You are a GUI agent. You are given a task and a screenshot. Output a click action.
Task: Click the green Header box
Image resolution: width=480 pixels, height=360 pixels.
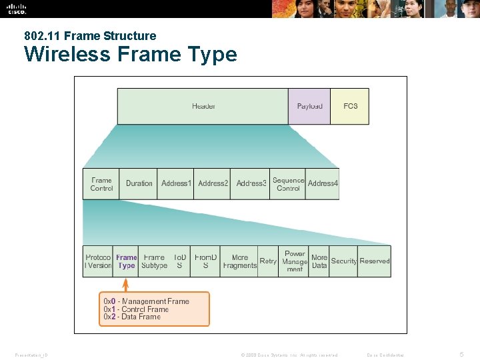[x=203, y=107]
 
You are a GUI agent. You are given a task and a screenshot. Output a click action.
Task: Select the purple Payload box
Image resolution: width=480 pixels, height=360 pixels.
[x=309, y=107]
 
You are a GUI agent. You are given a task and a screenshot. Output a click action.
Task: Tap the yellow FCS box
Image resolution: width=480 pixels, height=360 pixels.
[x=350, y=107]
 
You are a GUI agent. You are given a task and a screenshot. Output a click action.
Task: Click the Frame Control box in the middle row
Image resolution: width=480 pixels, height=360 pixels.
[x=101, y=184]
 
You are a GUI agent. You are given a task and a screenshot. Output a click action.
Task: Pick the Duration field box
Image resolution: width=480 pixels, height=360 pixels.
[x=139, y=184]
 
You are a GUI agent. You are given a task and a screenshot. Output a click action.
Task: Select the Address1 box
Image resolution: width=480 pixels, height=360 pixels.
[x=176, y=184]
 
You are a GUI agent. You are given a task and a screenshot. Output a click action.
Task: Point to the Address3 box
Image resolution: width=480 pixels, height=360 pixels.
[x=251, y=184]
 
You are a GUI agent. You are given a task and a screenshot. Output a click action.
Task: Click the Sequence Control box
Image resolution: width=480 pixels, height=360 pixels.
[x=288, y=184]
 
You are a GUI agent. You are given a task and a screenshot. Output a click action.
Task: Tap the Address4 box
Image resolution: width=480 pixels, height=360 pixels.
[x=323, y=184]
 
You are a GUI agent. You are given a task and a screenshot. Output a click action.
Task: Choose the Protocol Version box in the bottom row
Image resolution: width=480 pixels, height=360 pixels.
[x=98, y=261]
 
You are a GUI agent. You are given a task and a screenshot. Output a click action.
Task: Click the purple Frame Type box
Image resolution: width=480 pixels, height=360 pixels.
[x=126, y=261]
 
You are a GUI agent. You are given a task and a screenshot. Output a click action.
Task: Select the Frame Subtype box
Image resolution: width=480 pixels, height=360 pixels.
[x=154, y=261]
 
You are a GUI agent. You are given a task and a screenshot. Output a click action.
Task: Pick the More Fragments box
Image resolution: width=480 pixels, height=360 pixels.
[x=239, y=261]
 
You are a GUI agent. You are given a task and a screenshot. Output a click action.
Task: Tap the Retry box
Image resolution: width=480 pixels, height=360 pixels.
[x=268, y=261]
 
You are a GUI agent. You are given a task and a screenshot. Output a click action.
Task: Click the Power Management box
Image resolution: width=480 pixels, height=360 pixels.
[x=295, y=261]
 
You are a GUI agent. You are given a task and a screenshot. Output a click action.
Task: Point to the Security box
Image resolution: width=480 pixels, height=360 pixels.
[x=344, y=261]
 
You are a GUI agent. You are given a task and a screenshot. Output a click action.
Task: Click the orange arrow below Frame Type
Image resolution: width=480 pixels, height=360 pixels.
[x=126, y=284]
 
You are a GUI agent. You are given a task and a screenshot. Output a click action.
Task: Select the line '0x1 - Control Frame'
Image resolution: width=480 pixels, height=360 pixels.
[x=136, y=309]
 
